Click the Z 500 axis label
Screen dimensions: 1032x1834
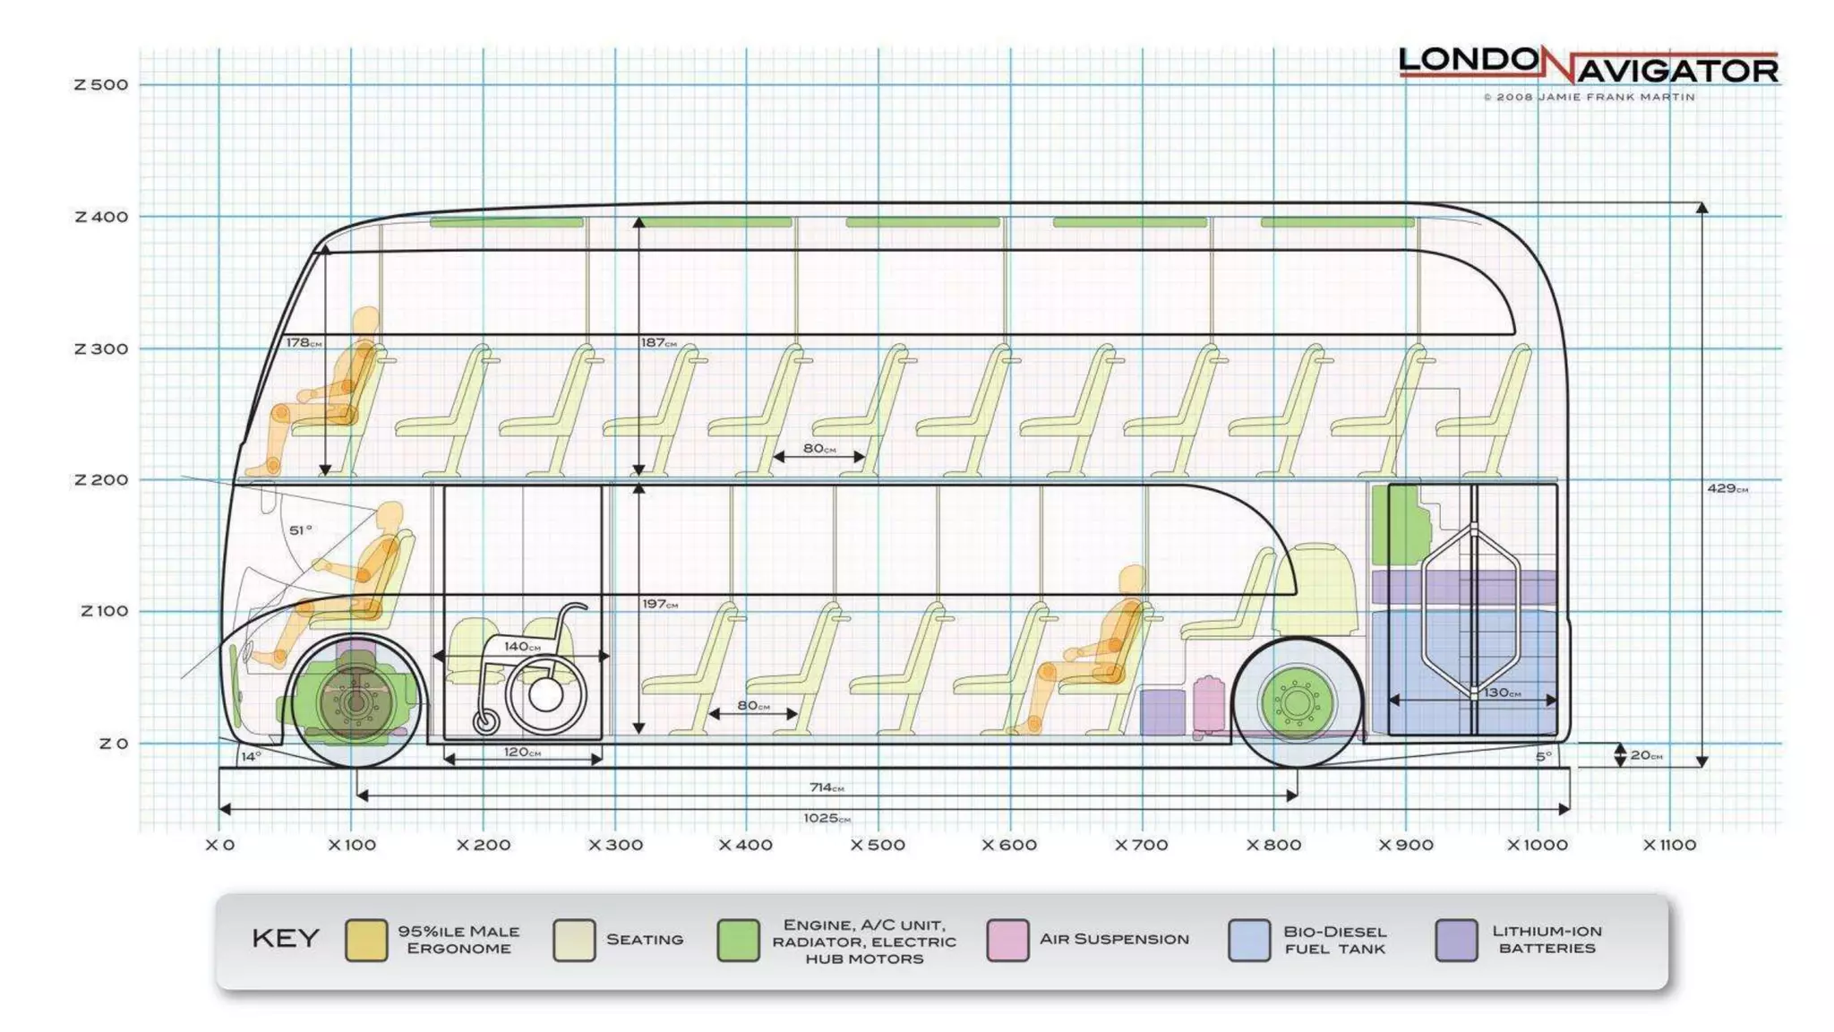click(x=101, y=85)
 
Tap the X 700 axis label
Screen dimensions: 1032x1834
click(x=1141, y=845)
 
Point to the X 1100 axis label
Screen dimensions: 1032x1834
click(x=1669, y=845)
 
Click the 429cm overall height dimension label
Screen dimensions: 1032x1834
click(x=1727, y=488)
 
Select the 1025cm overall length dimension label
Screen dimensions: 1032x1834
click(x=826, y=818)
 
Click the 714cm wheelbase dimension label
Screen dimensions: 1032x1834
click(x=826, y=787)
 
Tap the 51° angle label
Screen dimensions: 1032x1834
click(x=301, y=530)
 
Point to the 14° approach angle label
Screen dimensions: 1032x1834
click(x=251, y=757)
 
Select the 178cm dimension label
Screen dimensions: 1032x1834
click(x=304, y=342)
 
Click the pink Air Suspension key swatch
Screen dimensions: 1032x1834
click(x=1007, y=940)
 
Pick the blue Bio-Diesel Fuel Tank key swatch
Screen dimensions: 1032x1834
click(x=1249, y=940)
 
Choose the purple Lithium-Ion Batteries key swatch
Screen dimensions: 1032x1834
click(x=1456, y=940)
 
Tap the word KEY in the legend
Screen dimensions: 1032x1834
click(x=286, y=938)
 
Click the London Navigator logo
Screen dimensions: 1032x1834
click(x=1588, y=65)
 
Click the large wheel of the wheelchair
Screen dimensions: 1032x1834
click(x=545, y=694)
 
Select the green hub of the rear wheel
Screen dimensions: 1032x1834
click(x=1298, y=702)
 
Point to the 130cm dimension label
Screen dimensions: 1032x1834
click(x=1502, y=692)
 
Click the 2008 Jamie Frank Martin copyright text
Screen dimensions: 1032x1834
click(x=1589, y=97)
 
